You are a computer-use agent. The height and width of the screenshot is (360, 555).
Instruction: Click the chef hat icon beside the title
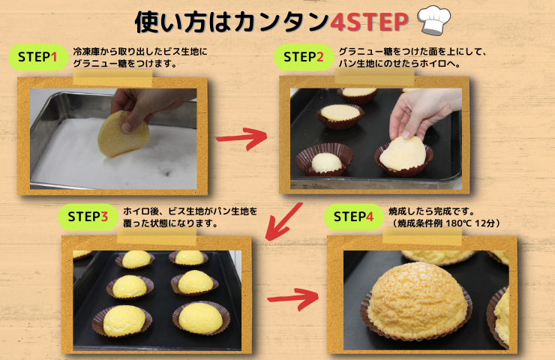(434, 19)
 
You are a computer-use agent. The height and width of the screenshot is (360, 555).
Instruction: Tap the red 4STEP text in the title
(369, 22)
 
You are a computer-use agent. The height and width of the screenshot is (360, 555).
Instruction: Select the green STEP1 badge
(37, 57)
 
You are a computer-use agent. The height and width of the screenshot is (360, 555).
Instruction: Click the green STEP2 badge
(303, 57)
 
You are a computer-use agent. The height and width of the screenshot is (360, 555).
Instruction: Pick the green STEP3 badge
(88, 217)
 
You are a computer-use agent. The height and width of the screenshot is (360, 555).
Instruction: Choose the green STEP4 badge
(353, 217)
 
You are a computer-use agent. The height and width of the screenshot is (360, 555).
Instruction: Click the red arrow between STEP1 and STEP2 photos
(241, 138)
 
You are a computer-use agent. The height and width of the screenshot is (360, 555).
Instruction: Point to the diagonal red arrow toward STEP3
(283, 221)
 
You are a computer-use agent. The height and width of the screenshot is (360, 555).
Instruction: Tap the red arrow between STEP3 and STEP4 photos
(292, 299)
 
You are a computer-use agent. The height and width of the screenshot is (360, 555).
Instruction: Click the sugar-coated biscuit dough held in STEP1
(123, 134)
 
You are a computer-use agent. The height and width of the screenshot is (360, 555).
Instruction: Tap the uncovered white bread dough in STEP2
(326, 163)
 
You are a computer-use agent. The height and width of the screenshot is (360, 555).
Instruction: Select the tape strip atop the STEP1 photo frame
(112, 78)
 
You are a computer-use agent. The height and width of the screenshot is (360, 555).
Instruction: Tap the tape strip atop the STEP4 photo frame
(422, 236)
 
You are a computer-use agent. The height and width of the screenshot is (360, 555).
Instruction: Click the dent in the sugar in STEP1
(166, 172)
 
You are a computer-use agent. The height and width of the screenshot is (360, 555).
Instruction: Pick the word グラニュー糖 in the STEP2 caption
(366, 52)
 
